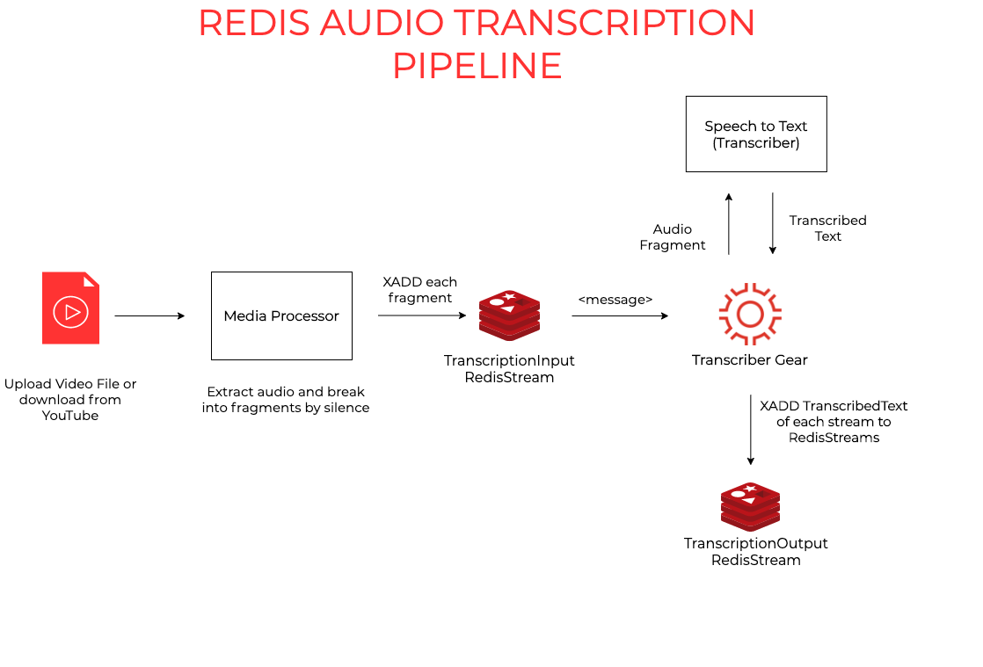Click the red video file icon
click(70, 308)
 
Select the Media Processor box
click(281, 315)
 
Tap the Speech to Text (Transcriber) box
click(756, 134)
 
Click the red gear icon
click(750, 314)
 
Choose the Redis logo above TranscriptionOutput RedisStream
click(750, 506)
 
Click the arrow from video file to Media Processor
click(149, 315)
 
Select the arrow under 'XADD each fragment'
click(422, 315)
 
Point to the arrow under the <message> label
click(620, 315)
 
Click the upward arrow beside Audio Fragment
click(728, 224)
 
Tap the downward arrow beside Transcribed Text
click(772, 224)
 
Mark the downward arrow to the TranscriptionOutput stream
click(750, 431)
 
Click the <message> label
click(615, 300)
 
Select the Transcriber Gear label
click(750, 359)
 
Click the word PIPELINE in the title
click(477, 67)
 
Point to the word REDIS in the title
click(254, 23)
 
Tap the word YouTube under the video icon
click(70, 416)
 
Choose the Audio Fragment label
click(673, 237)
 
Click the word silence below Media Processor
click(346, 408)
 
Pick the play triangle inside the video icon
click(72, 312)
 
